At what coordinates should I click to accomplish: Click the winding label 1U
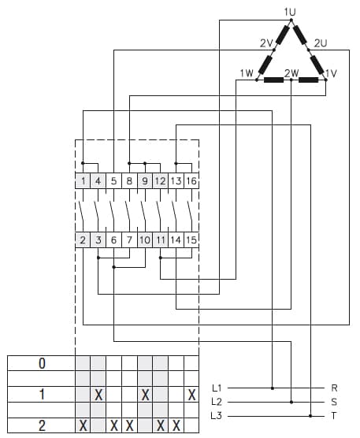coord(290,11)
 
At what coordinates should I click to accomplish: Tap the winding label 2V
coord(265,42)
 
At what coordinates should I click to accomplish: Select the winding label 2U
coord(320,42)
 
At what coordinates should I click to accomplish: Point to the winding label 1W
coord(246,73)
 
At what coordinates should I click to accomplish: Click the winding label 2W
coord(291,73)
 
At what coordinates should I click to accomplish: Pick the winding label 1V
coord(331,73)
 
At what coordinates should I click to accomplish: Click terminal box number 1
coord(83,181)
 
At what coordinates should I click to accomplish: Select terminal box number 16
coord(191,181)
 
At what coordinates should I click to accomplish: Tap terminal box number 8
coord(129,181)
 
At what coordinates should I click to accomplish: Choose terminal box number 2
coord(83,239)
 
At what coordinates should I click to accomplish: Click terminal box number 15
coord(191,239)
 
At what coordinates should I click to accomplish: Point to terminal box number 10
coord(145,239)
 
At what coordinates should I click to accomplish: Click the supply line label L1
coord(217,388)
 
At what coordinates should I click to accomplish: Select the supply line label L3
coord(217,415)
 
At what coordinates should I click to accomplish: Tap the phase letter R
coord(335,388)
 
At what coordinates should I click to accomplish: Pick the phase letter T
coord(335,415)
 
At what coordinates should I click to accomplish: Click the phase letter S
coord(335,402)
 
